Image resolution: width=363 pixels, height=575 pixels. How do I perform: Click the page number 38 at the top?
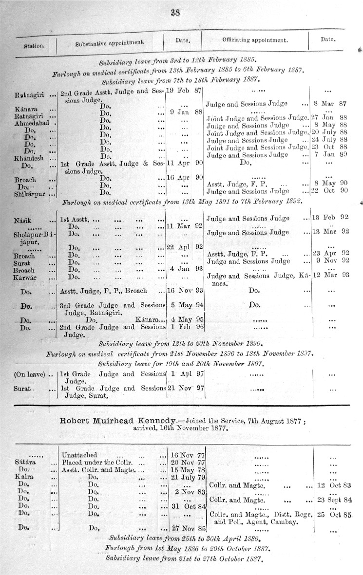point(175,13)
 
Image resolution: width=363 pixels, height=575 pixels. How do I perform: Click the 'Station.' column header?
point(34,47)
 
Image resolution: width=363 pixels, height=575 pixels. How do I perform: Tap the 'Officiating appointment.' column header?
point(255,40)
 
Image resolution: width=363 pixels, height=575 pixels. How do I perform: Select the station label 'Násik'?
point(24,221)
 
